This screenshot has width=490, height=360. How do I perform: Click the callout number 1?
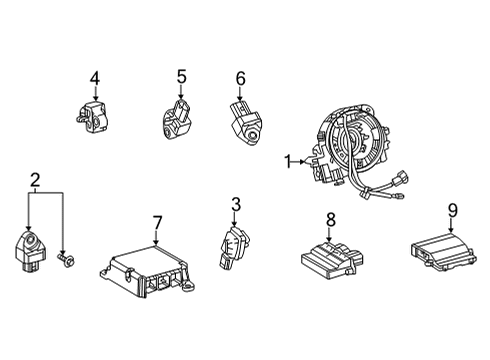[x=289, y=159]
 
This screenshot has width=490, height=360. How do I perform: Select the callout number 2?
[x=35, y=180]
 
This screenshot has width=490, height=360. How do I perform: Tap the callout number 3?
[x=235, y=205]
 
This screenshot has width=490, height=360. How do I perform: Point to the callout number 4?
[x=94, y=77]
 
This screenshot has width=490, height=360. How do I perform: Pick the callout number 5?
[x=181, y=75]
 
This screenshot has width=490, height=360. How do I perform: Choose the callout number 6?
[x=240, y=77]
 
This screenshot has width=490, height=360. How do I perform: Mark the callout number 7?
[x=157, y=221]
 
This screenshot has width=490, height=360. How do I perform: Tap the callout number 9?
[x=452, y=210]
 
